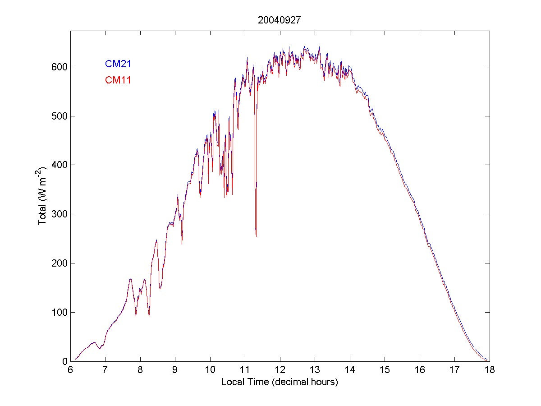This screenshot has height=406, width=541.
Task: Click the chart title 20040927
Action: [x=280, y=20]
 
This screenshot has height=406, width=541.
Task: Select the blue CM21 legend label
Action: [x=118, y=64]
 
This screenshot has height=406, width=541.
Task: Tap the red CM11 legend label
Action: [x=118, y=80]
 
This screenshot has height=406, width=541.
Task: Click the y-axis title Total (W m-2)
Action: [x=43, y=196]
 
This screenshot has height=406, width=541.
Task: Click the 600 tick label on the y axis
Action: [x=59, y=67]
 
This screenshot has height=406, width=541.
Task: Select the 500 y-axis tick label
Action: [x=59, y=116]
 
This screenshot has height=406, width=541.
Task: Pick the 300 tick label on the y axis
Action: [x=59, y=214]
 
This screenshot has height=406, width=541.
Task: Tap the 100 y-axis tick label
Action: [x=59, y=312]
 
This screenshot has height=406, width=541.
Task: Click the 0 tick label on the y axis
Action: [x=64, y=361]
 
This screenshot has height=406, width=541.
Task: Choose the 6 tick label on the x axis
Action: [x=70, y=370]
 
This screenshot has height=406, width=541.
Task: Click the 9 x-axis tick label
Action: [x=175, y=370]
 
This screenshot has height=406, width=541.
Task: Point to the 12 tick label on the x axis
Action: [x=280, y=370]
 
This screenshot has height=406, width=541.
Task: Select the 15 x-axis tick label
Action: [x=385, y=370]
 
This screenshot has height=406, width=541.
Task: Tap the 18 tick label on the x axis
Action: [x=489, y=370]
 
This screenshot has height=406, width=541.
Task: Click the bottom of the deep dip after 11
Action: [x=256, y=236]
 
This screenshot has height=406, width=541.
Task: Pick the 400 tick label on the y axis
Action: [x=59, y=165]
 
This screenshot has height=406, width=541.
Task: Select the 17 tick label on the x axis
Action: [x=454, y=370]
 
